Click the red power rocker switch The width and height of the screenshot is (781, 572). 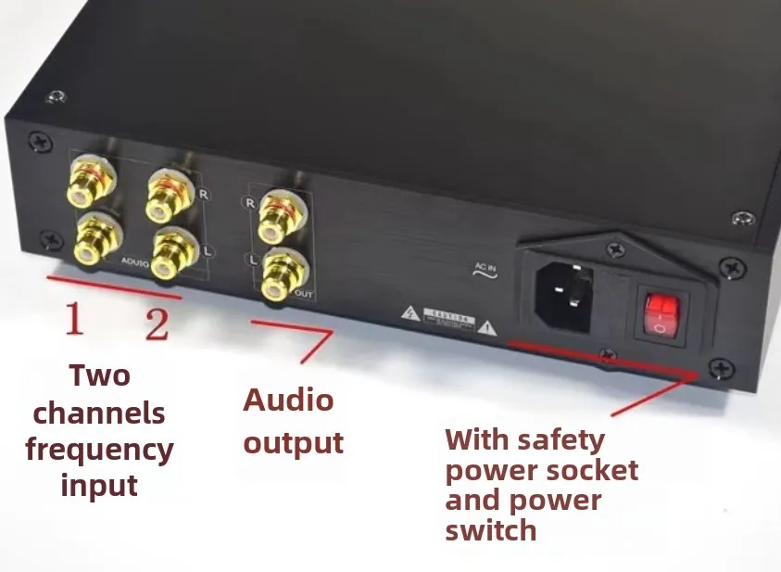click(659, 313)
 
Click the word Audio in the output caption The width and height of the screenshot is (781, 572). click(288, 400)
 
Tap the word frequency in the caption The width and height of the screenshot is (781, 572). click(99, 450)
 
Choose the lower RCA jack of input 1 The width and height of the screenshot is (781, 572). click(94, 237)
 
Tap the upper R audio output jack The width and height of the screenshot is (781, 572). click(277, 212)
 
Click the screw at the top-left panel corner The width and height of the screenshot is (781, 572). click(38, 141)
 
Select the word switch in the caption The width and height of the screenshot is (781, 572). click(490, 530)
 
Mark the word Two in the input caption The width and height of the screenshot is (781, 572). click(99, 375)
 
